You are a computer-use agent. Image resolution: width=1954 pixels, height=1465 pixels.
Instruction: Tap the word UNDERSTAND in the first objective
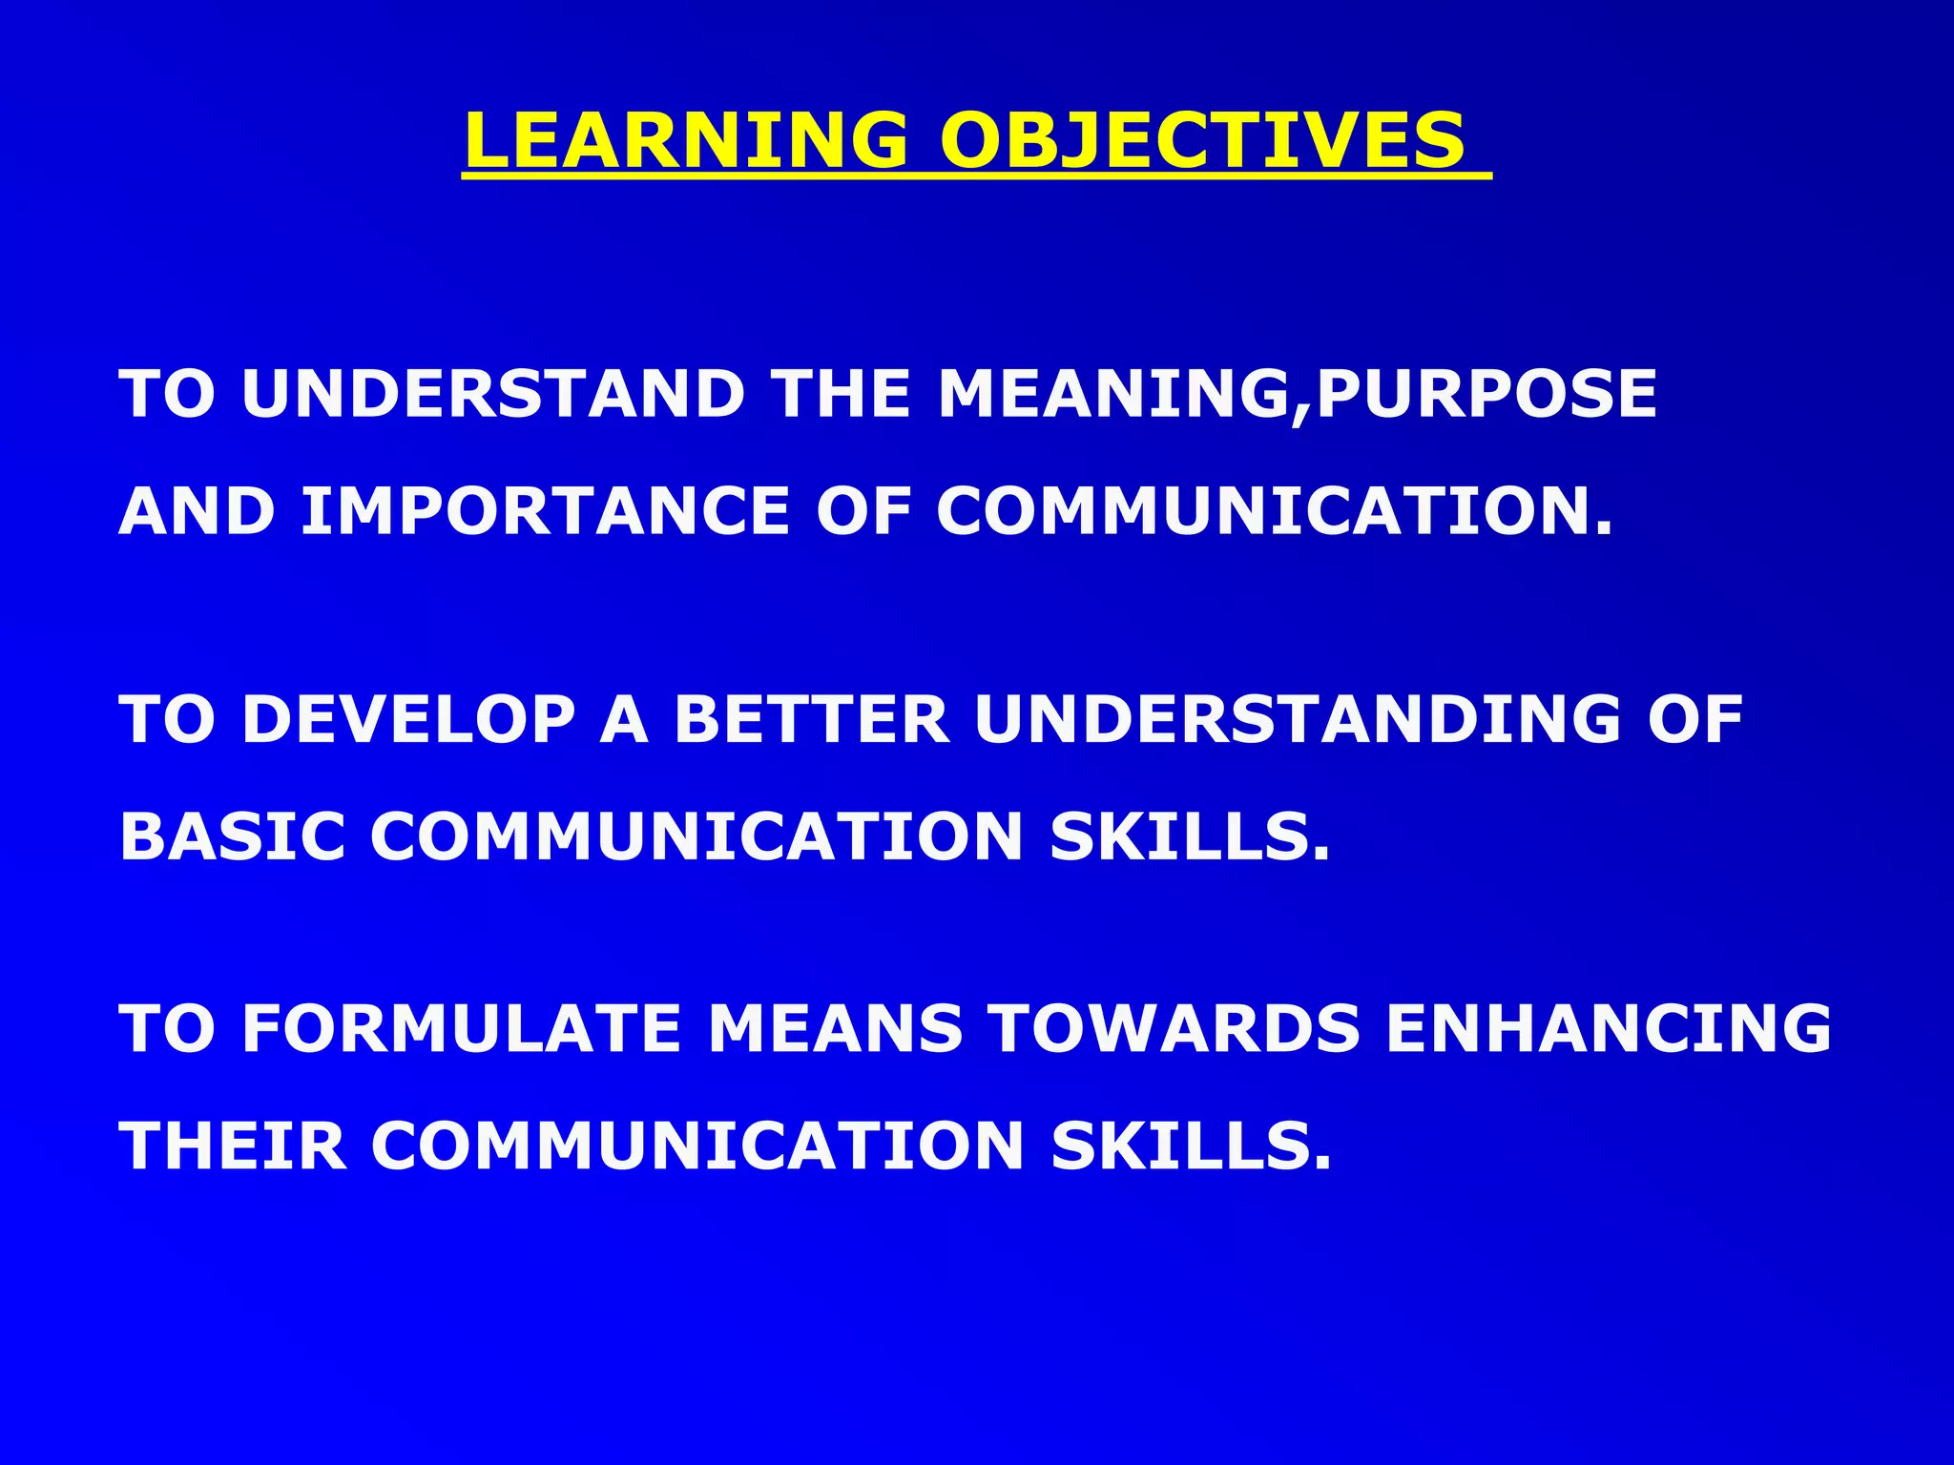493,394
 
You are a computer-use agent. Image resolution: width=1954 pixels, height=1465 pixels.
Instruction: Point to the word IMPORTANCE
545,511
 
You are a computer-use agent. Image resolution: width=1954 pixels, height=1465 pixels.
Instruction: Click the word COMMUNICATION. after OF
1275,511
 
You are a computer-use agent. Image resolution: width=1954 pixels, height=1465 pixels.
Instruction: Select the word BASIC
232,836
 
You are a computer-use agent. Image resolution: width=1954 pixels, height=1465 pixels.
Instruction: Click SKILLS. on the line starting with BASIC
1190,836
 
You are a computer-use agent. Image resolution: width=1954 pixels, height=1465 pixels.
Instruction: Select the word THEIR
234,1145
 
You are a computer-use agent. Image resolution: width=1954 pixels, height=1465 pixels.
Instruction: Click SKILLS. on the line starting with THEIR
1191,1145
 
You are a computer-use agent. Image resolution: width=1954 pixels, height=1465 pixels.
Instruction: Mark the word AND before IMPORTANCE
197,511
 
